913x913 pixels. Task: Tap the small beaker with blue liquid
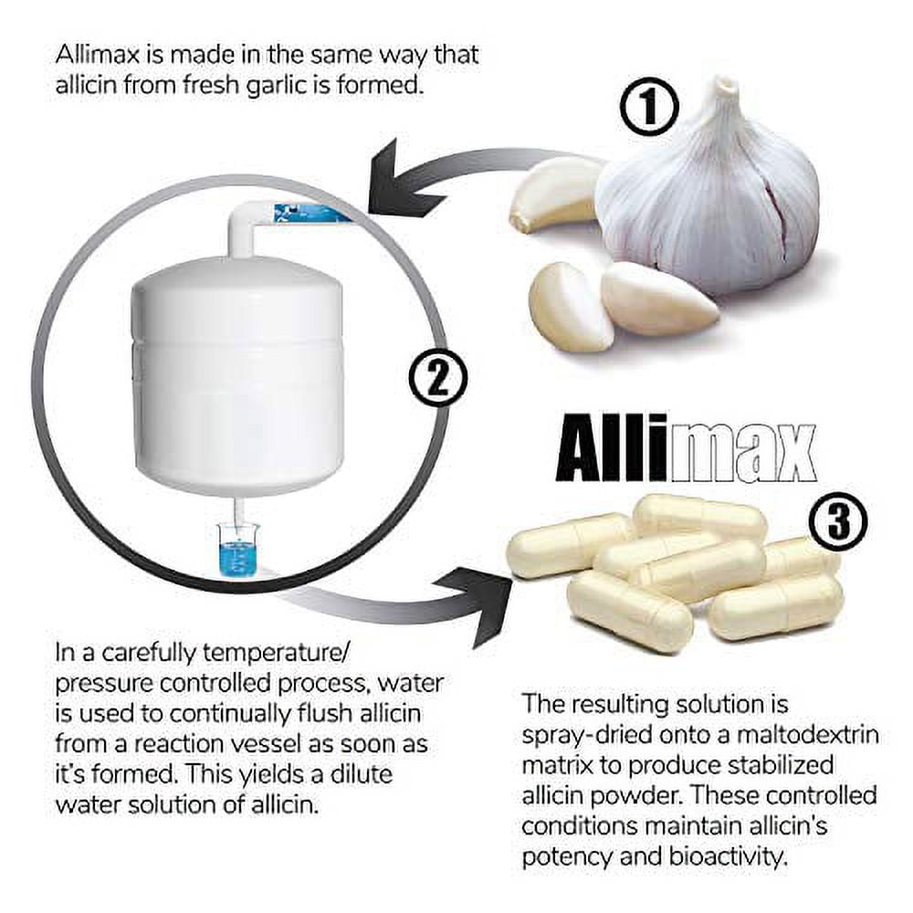pyautogui.click(x=236, y=551)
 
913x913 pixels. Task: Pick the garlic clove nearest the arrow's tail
pyautogui.click(x=552, y=194)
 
